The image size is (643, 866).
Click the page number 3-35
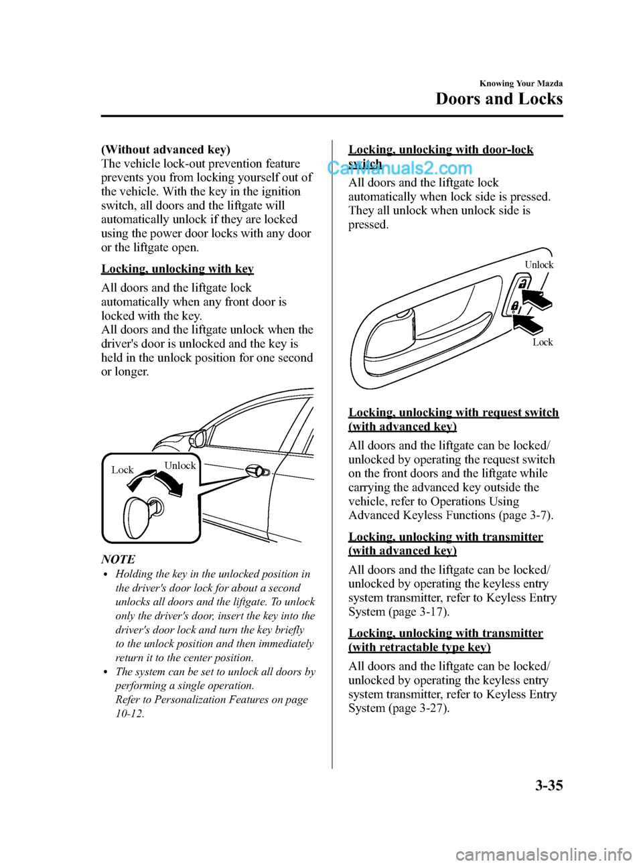coord(549,785)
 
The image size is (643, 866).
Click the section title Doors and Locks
coord(499,99)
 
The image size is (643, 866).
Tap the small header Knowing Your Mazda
coord(521,84)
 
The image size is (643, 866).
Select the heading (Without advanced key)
coord(165,149)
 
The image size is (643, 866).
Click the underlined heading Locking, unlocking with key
coord(177,269)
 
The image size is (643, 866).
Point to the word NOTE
coord(118,559)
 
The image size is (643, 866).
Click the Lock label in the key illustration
coord(123,470)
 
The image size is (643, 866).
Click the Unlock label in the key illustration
coord(180,465)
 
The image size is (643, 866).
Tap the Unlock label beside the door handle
coord(539,265)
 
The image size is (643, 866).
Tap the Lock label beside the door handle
coord(543,342)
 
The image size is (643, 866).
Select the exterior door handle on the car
coord(258,471)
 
